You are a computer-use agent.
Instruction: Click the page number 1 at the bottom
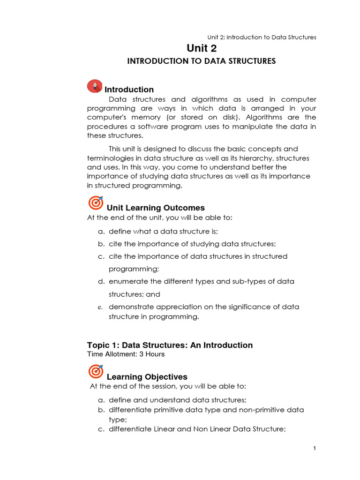click(x=315, y=449)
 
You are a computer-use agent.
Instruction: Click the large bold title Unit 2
click(x=202, y=48)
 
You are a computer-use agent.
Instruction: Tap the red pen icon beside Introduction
click(x=95, y=86)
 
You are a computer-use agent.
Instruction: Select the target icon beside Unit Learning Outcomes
click(x=96, y=203)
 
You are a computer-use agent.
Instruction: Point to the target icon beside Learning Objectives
click(x=96, y=372)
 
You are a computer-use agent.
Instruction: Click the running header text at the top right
click(x=262, y=37)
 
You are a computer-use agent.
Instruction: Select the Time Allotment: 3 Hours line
click(x=126, y=354)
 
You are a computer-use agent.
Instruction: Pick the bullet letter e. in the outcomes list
click(x=100, y=307)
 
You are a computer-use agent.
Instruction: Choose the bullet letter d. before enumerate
click(x=100, y=282)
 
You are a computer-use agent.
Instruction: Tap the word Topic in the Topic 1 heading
click(x=97, y=345)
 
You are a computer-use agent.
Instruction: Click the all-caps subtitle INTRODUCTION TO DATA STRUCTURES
click(x=202, y=61)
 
